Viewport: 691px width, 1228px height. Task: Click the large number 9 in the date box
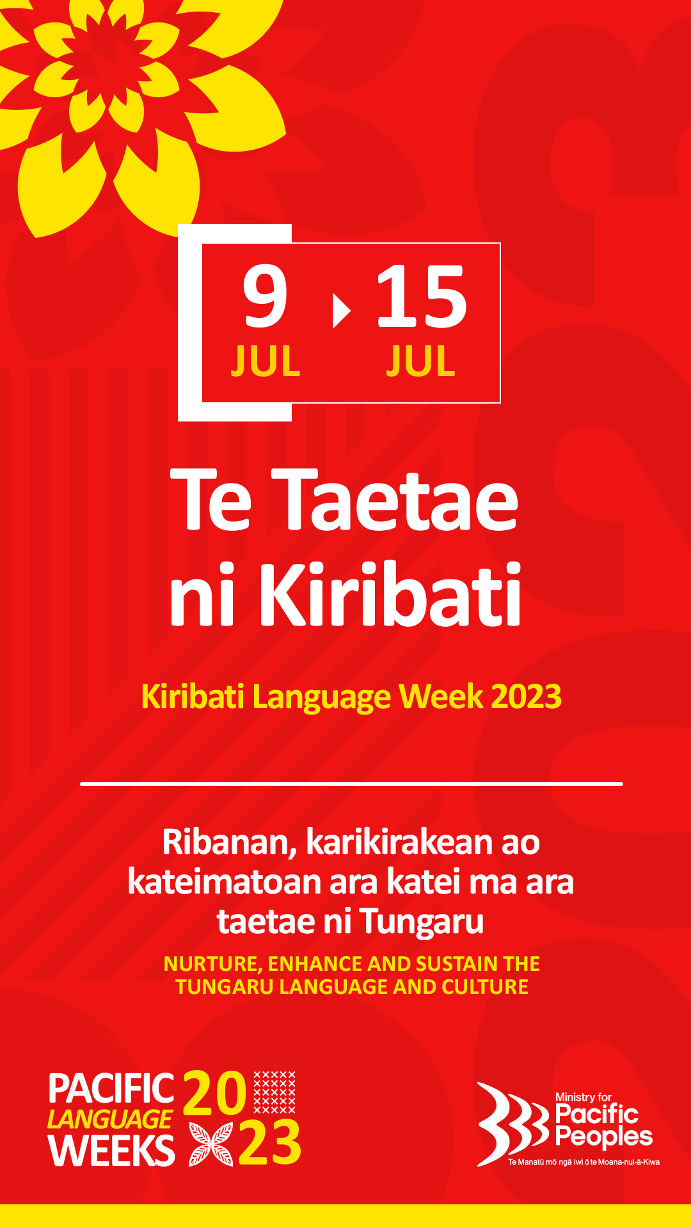click(264, 295)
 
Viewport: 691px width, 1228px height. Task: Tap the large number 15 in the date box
click(422, 295)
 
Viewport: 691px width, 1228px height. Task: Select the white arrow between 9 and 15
click(342, 311)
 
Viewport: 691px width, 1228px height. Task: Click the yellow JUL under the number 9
click(266, 361)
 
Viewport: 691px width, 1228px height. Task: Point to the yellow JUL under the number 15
click(420, 361)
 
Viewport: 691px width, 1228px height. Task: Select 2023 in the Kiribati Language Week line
click(526, 697)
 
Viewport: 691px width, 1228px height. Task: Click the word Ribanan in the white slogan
click(229, 842)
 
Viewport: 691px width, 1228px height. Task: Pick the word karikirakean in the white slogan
click(400, 842)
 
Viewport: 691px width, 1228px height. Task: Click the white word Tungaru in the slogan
click(422, 922)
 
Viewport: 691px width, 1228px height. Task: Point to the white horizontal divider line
click(351, 783)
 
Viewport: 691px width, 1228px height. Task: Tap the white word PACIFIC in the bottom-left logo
click(111, 1089)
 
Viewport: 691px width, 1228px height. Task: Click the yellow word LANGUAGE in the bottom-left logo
click(109, 1119)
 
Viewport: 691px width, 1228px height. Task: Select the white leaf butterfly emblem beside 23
click(211, 1144)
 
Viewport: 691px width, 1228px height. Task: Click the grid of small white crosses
click(274, 1092)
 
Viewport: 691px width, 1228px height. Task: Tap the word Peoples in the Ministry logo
click(604, 1138)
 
